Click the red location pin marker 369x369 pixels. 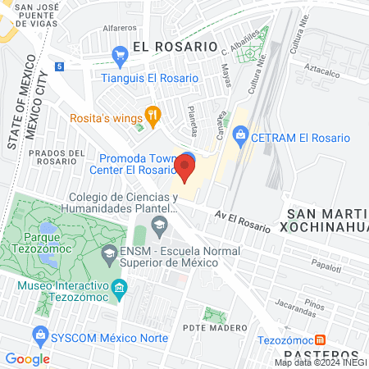tap(184, 170)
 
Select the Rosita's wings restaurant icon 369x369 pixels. tap(151, 114)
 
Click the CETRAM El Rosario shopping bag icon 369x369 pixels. tap(240, 133)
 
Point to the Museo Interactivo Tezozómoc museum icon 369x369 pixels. tap(121, 287)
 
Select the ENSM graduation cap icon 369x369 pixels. tap(109, 255)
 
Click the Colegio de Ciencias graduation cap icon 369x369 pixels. tap(160, 224)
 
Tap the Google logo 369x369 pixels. tap(27, 358)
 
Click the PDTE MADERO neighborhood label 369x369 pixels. tap(216, 328)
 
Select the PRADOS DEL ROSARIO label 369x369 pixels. tap(57, 157)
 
